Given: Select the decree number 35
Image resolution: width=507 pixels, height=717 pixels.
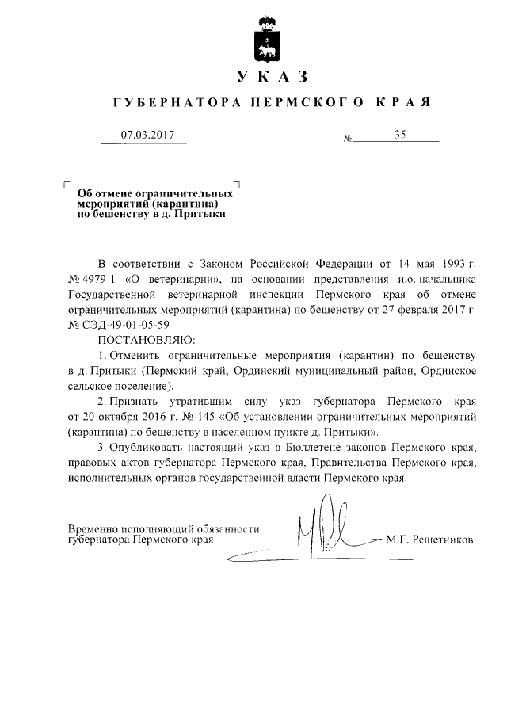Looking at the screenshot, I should click(399, 135).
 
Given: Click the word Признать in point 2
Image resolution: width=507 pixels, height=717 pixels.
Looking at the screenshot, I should click(140, 402).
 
